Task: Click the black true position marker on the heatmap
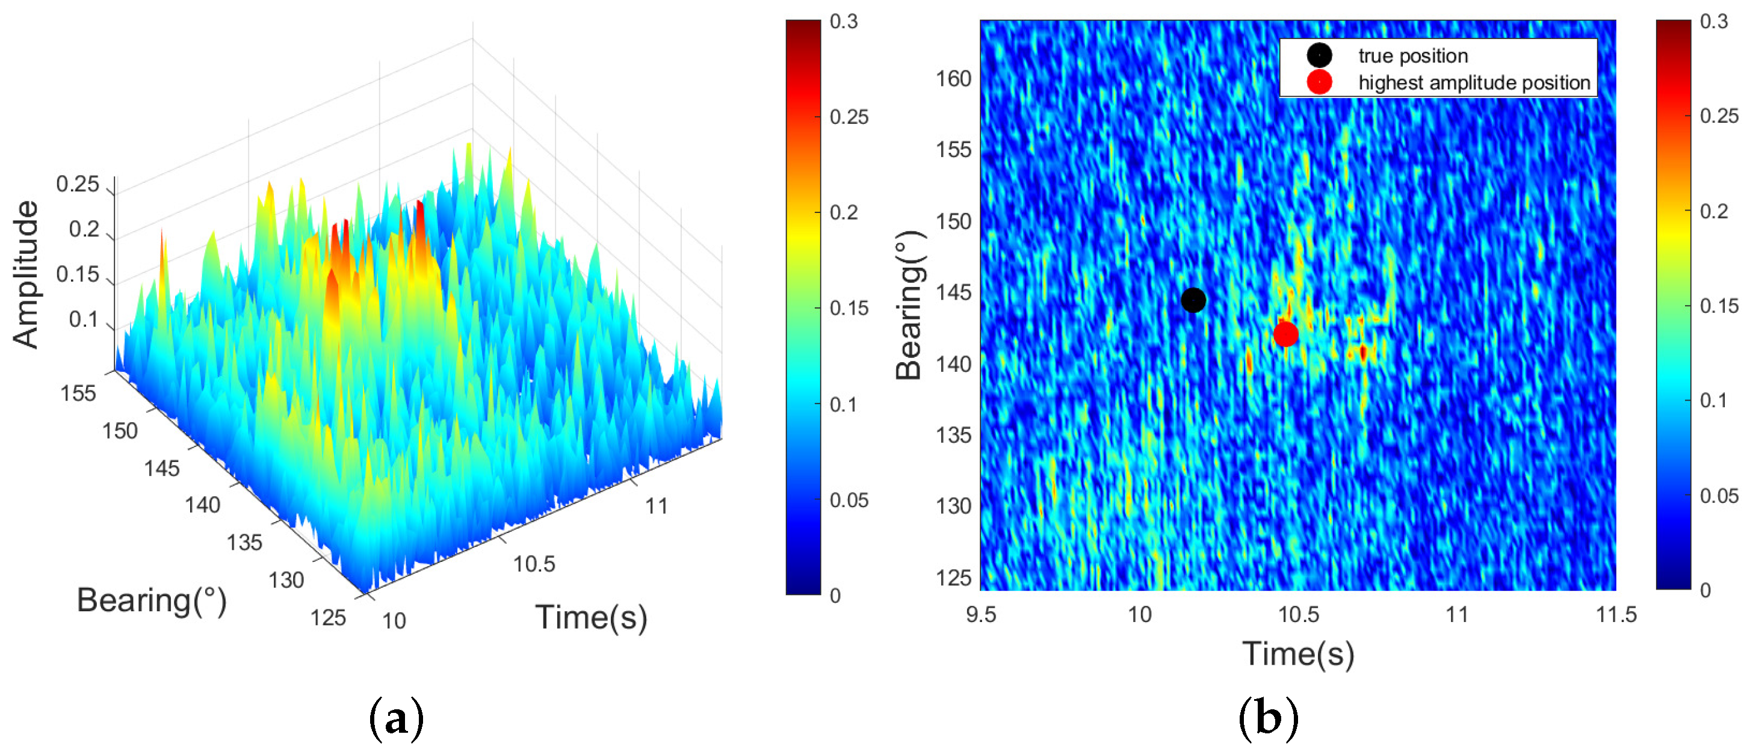(x=1193, y=300)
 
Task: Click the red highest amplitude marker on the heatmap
(x=1285, y=333)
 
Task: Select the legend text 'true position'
(x=1413, y=56)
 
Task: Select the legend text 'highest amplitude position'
(x=1474, y=83)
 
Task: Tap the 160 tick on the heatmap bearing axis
(x=953, y=79)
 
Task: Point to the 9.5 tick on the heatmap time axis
(x=980, y=615)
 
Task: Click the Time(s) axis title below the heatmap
(x=1298, y=653)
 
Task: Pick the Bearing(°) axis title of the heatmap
(x=909, y=305)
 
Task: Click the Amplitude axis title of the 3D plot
(x=26, y=274)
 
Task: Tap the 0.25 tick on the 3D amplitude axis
(x=78, y=184)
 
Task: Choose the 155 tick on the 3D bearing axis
(x=78, y=393)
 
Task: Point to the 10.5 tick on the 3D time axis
(x=534, y=564)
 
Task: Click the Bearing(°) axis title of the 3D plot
(x=152, y=600)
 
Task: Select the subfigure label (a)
(x=396, y=718)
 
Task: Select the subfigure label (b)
(x=1267, y=718)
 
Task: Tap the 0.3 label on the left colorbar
(x=844, y=22)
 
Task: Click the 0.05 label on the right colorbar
(x=1719, y=496)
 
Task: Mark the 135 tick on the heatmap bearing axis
(x=953, y=435)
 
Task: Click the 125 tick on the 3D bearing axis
(x=328, y=617)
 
